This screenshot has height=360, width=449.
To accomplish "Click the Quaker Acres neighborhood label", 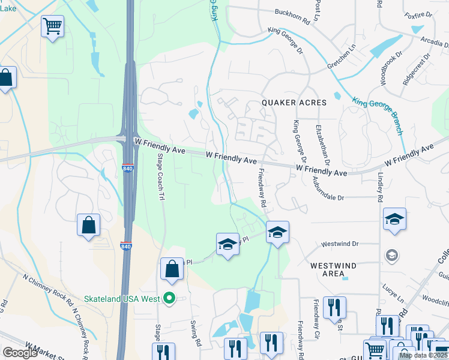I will (295, 103).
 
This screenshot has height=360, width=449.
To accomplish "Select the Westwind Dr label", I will (340, 244).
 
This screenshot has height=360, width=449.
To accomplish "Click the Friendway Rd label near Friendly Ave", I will (262, 187).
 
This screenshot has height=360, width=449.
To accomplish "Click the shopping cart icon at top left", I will (52, 26).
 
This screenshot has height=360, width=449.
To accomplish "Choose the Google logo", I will (20, 353).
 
